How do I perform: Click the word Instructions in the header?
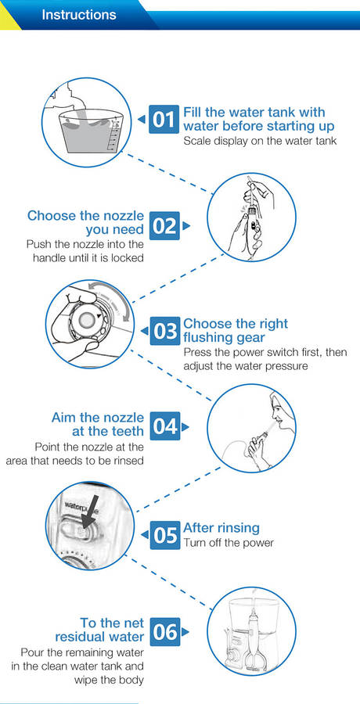78,14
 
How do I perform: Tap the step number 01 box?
164,119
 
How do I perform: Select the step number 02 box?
164,226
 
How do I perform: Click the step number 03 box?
165,332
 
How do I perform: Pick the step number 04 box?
165,426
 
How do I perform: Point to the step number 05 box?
165,535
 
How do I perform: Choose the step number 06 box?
165,632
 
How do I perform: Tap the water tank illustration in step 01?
89,129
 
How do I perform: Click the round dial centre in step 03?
86,319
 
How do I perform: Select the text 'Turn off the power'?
229,543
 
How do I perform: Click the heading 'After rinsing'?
221,527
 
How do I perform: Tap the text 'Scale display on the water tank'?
261,141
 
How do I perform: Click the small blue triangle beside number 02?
185,226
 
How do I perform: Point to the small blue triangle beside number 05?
144,535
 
